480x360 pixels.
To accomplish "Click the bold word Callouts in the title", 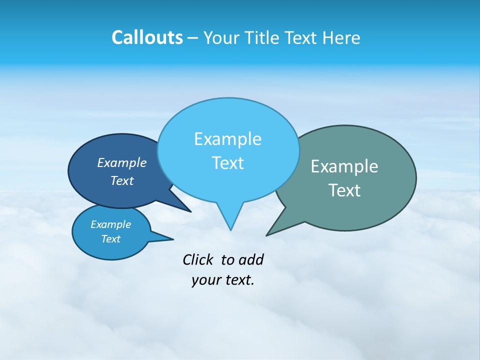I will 147,38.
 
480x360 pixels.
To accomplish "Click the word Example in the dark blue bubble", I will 121,162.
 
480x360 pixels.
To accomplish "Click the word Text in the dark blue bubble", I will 121,180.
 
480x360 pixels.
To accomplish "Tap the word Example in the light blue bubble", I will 227,139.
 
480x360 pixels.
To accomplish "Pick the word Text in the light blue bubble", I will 227,163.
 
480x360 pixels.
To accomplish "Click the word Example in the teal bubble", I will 344,166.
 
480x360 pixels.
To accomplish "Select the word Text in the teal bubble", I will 344,190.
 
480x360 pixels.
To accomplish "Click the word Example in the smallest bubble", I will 110,224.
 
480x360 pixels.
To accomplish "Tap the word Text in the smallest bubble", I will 110,239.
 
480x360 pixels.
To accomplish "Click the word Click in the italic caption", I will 198,259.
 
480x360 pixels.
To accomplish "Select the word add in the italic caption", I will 250,259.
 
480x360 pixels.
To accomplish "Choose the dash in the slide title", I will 193,38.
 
